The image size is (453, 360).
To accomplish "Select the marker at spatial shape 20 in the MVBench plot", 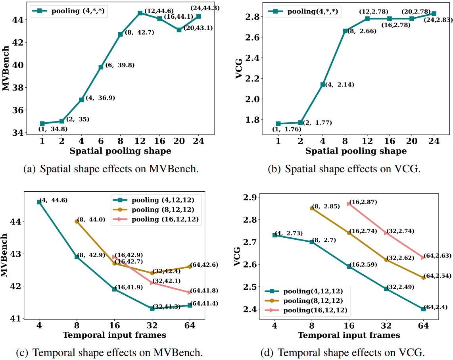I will pos(179,30).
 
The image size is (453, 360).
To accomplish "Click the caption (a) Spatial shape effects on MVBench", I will pos(111,169).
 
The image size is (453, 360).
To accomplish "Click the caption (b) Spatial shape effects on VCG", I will pos(344,169).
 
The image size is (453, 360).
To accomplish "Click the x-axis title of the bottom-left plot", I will pos(114,335).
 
